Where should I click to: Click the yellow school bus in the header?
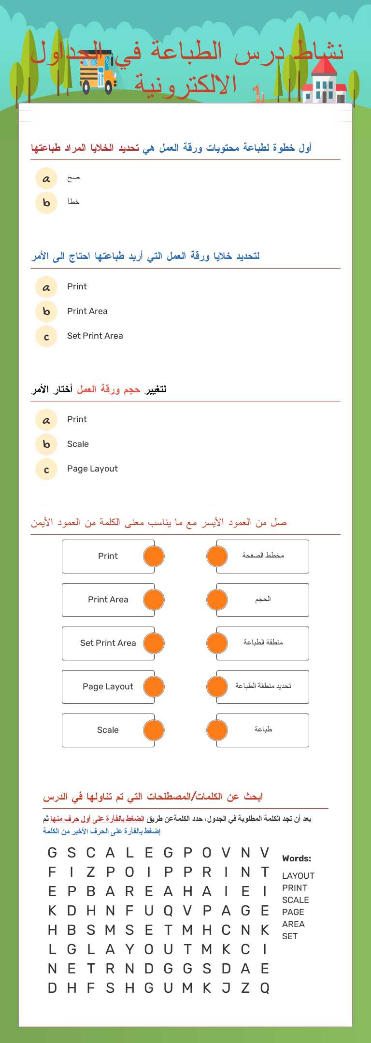click(x=98, y=72)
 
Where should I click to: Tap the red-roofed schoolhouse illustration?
click(x=324, y=82)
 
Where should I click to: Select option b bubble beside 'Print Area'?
click(x=46, y=312)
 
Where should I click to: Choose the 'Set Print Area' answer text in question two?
click(x=95, y=336)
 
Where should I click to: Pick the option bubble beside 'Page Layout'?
click(x=46, y=469)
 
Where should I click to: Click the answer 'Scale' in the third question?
click(x=78, y=444)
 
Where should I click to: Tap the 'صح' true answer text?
click(x=73, y=178)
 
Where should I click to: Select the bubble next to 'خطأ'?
click(x=46, y=203)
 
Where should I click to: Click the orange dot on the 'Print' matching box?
click(x=154, y=557)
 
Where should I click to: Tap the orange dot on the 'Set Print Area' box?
click(x=154, y=643)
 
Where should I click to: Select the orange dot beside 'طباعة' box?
click(x=217, y=730)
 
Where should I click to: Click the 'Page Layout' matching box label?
click(x=108, y=686)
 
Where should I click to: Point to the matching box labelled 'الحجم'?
click(x=263, y=600)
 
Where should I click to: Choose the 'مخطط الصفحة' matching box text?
click(x=263, y=556)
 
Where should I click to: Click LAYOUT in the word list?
click(x=298, y=876)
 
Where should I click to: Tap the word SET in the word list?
click(x=290, y=936)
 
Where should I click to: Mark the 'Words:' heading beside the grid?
click(x=297, y=858)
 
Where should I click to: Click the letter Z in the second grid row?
click(x=91, y=872)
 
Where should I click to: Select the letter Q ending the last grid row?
click(x=265, y=988)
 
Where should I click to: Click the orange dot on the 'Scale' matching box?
click(x=154, y=730)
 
